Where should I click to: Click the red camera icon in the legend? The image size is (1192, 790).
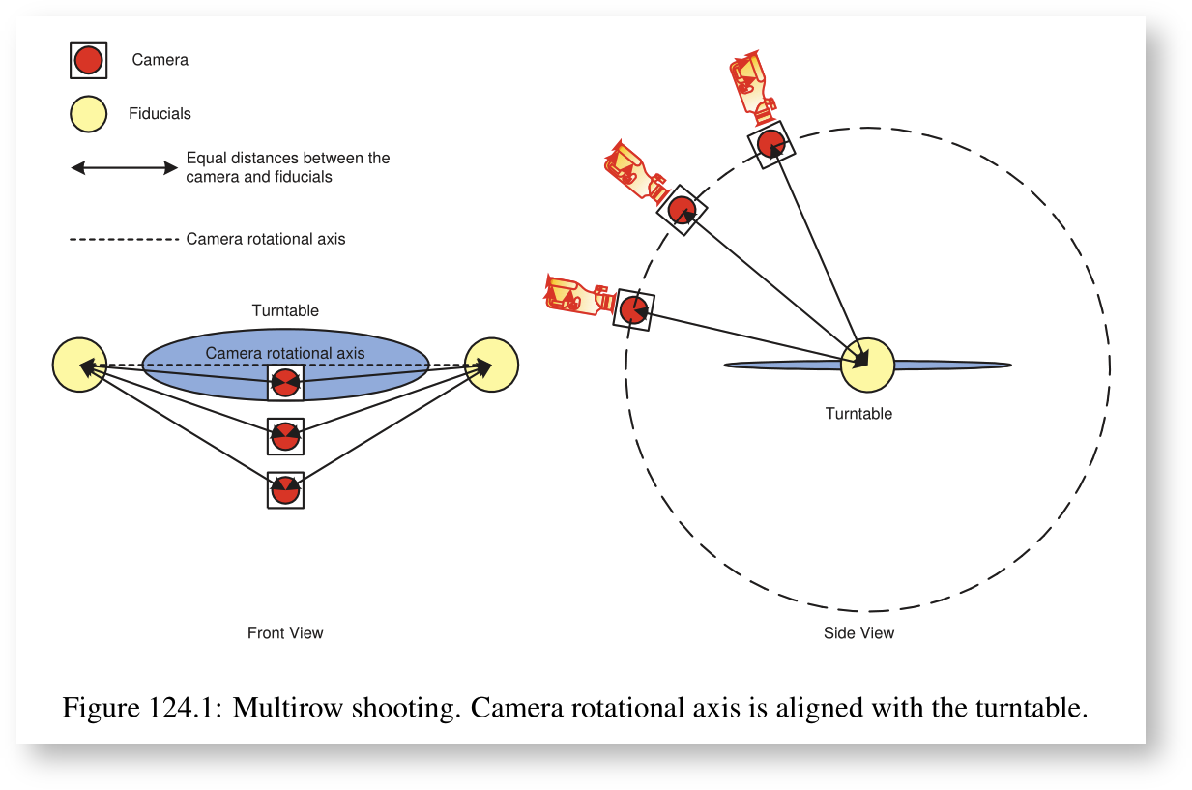88,61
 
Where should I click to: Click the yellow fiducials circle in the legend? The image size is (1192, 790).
88,114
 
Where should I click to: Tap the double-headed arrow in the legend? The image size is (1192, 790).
125,168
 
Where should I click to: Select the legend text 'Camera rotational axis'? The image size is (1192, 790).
266,239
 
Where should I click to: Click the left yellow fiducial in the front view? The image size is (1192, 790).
79,366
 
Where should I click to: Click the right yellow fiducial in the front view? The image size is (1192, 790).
491,366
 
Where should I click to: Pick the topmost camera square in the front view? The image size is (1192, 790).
285,383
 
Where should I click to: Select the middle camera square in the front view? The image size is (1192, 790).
285,437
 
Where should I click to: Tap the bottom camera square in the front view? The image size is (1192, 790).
285,490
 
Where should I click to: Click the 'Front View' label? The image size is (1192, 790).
285,633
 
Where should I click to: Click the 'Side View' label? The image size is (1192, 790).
858,633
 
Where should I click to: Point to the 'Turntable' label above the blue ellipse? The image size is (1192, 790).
285,311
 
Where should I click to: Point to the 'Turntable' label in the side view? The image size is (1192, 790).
858,414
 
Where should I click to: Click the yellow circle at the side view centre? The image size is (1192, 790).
867,366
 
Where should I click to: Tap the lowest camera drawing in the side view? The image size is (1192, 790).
578,295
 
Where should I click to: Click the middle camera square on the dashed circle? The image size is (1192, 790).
682,210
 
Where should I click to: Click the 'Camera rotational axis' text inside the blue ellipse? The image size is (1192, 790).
285,354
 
